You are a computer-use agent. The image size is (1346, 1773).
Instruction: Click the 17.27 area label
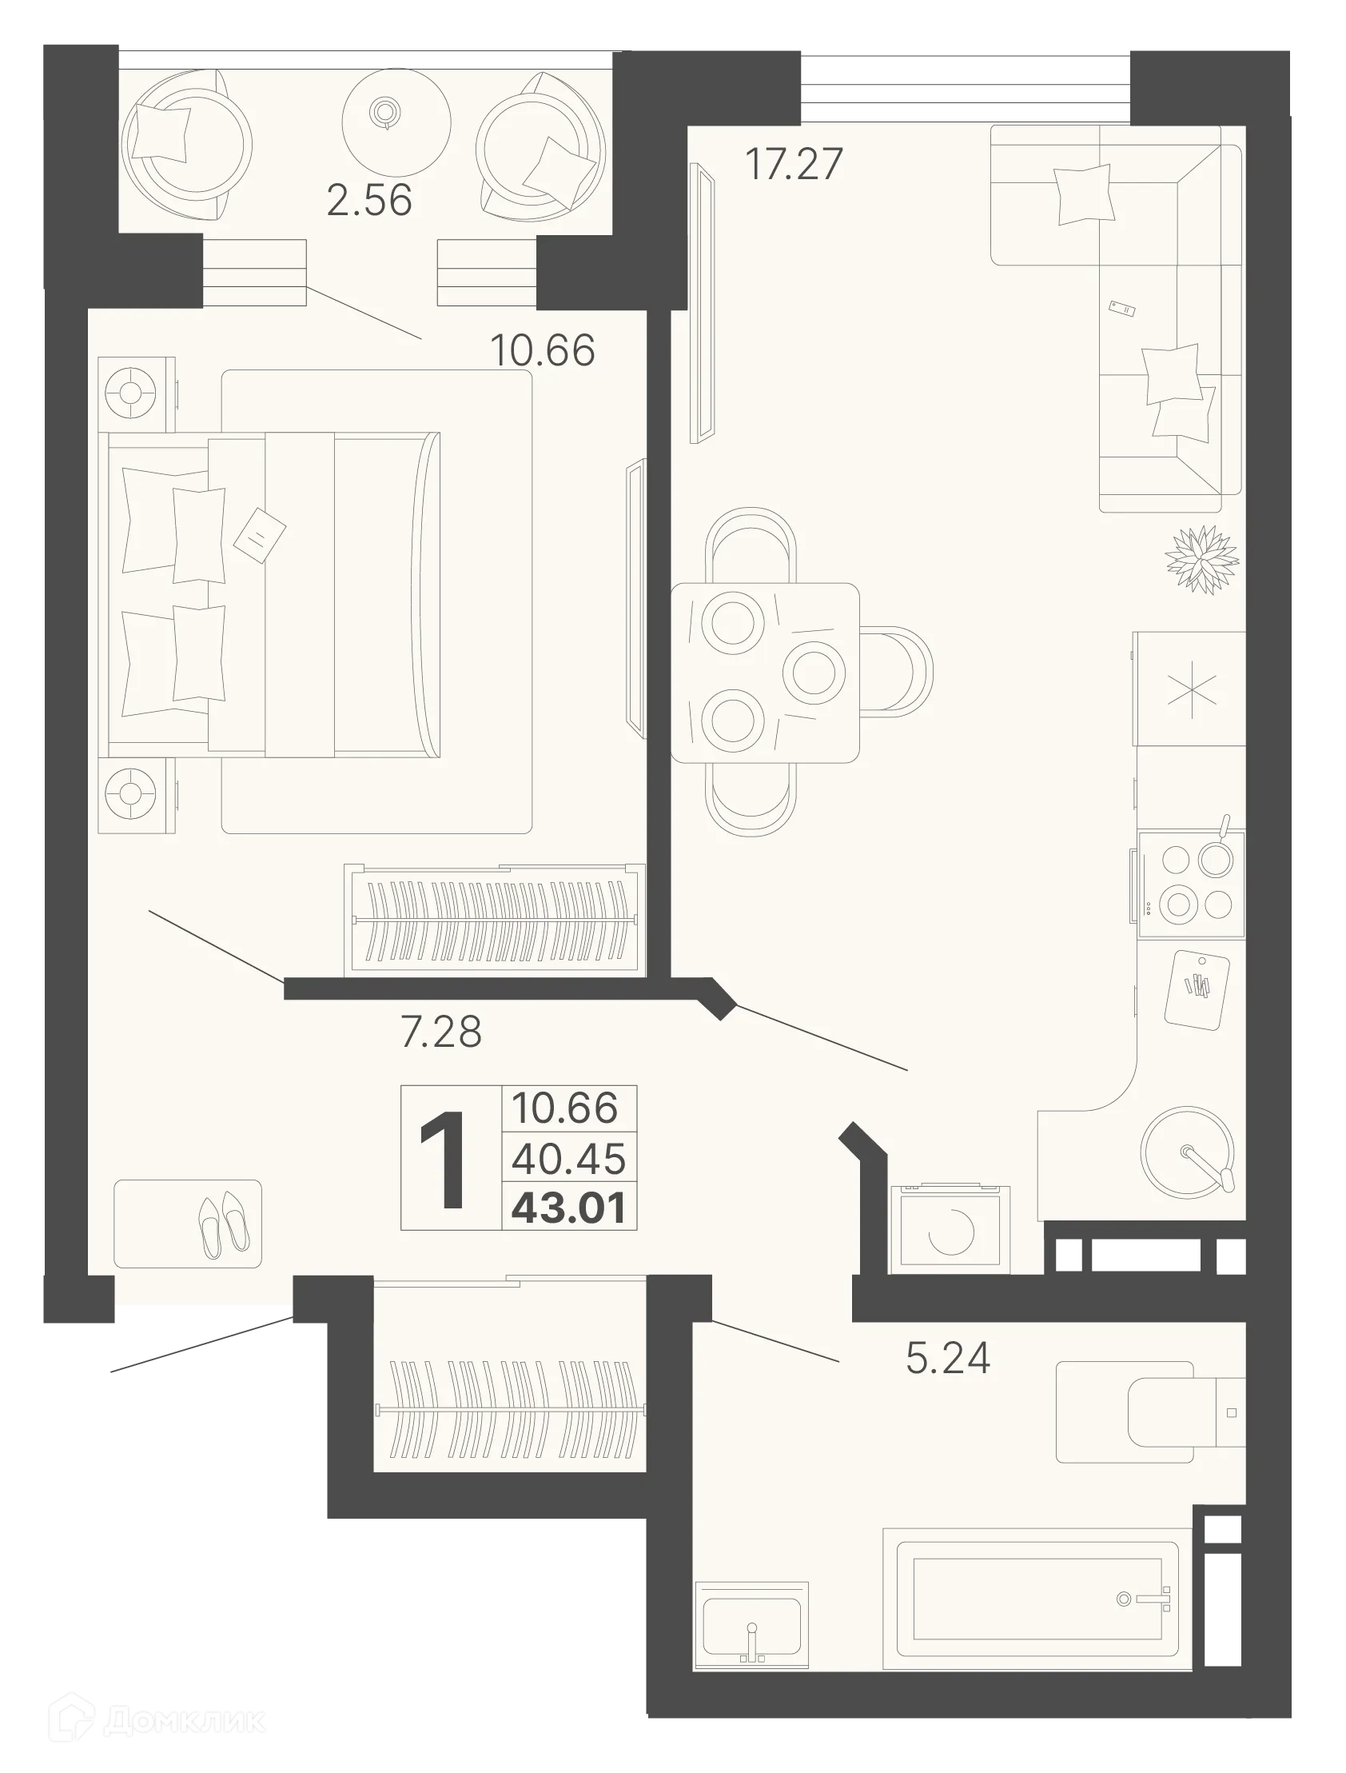tap(793, 163)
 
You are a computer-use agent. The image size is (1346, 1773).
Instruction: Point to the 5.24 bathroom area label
tap(948, 1358)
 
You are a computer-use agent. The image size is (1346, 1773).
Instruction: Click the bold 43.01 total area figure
tap(569, 1208)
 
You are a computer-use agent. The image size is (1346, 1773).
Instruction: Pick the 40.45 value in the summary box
tap(569, 1158)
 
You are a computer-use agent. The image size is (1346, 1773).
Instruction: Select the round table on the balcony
tap(394, 116)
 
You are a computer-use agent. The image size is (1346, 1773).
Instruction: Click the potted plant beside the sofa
tap(1202, 560)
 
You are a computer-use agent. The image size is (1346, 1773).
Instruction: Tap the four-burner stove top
tap(1191, 883)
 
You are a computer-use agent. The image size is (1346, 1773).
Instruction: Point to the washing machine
tap(950, 1232)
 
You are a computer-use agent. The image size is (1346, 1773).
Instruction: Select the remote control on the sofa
tap(1121, 309)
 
